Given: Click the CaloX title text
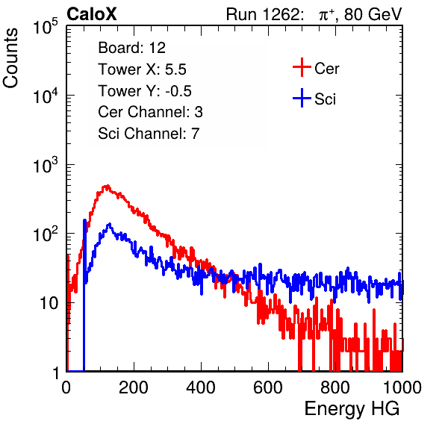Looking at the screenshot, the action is click(x=91, y=14).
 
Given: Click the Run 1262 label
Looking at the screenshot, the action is click(x=263, y=14).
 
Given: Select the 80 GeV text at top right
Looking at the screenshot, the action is click(x=373, y=14).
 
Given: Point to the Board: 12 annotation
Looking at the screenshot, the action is click(x=131, y=48).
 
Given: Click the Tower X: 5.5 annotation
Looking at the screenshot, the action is click(x=142, y=69).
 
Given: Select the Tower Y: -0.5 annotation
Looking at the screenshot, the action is click(x=145, y=91).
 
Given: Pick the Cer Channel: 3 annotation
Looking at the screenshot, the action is click(x=150, y=112).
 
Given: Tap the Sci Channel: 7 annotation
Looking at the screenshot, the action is click(x=149, y=134).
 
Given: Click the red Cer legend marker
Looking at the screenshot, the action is click(x=302, y=67).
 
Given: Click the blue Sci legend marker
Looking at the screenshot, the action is click(x=302, y=99).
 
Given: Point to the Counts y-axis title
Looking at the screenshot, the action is click(x=10, y=57).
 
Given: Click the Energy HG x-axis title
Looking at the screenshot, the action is click(x=352, y=409).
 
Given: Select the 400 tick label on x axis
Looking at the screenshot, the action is click(x=201, y=387).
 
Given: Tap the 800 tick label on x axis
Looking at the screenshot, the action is click(x=335, y=387).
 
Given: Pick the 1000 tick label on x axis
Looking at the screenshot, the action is click(x=402, y=387).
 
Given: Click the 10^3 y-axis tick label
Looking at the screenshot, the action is click(x=46, y=164).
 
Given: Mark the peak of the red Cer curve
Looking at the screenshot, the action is click(x=107, y=186).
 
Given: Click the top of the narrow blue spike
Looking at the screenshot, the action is click(x=84, y=219).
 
